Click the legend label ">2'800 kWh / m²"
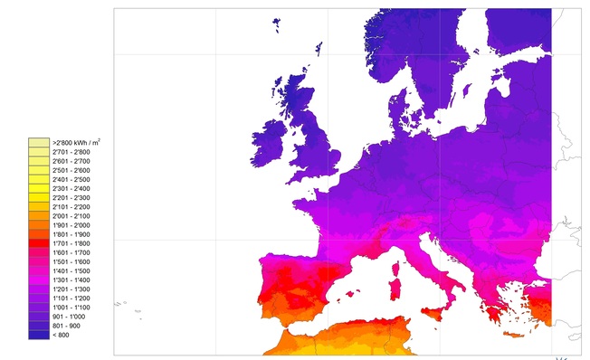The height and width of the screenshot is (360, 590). pyautogui.click(x=76, y=143)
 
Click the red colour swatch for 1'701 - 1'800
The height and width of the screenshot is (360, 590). pyautogui.click(x=39, y=243)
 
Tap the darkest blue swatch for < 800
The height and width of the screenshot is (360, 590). pyautogui.click(x=39, y=335)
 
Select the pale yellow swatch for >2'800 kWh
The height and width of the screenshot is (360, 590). pyautogui.click(x=39, y=143)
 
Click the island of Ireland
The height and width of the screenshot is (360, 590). pyautogui.click(x=271, y=136)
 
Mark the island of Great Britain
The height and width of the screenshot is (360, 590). pyautogui.click(x=312, y=127)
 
